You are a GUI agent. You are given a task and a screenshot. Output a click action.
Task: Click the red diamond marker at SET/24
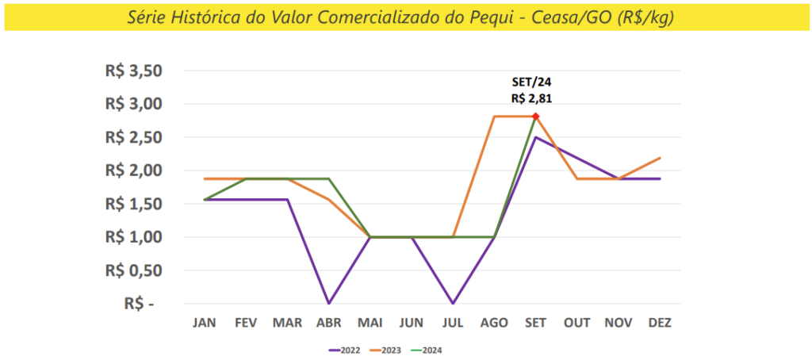pyautogui.click(x=535, y=117)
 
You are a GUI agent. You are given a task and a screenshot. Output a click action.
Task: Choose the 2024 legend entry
pyautogui.click(x=429, y=349)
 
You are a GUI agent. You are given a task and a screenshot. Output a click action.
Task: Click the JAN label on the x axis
pyautogui.click(x=205, y=323)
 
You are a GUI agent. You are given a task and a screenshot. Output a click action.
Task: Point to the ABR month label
pyautogui.click(x=328, y=323)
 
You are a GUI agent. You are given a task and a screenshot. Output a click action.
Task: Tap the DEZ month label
pyautogui.click(x=660, y=323)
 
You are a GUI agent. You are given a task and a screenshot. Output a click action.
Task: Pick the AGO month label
pyautogui.click(x=494, y=323)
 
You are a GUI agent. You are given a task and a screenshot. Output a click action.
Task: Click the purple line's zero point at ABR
pyautogui.click(x=328, y=303)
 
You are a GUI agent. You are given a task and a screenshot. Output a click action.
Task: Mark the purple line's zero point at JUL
pyautogui.click(x=453, y=303)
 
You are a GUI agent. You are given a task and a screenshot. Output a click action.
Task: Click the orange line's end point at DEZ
pyautogui.click(x=660, y=158)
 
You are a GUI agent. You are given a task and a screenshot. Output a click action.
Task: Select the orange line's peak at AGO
pyautogui.click(x=494, y=117)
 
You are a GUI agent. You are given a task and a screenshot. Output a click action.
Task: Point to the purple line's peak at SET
pyautogui.click(x=535, y=137)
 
